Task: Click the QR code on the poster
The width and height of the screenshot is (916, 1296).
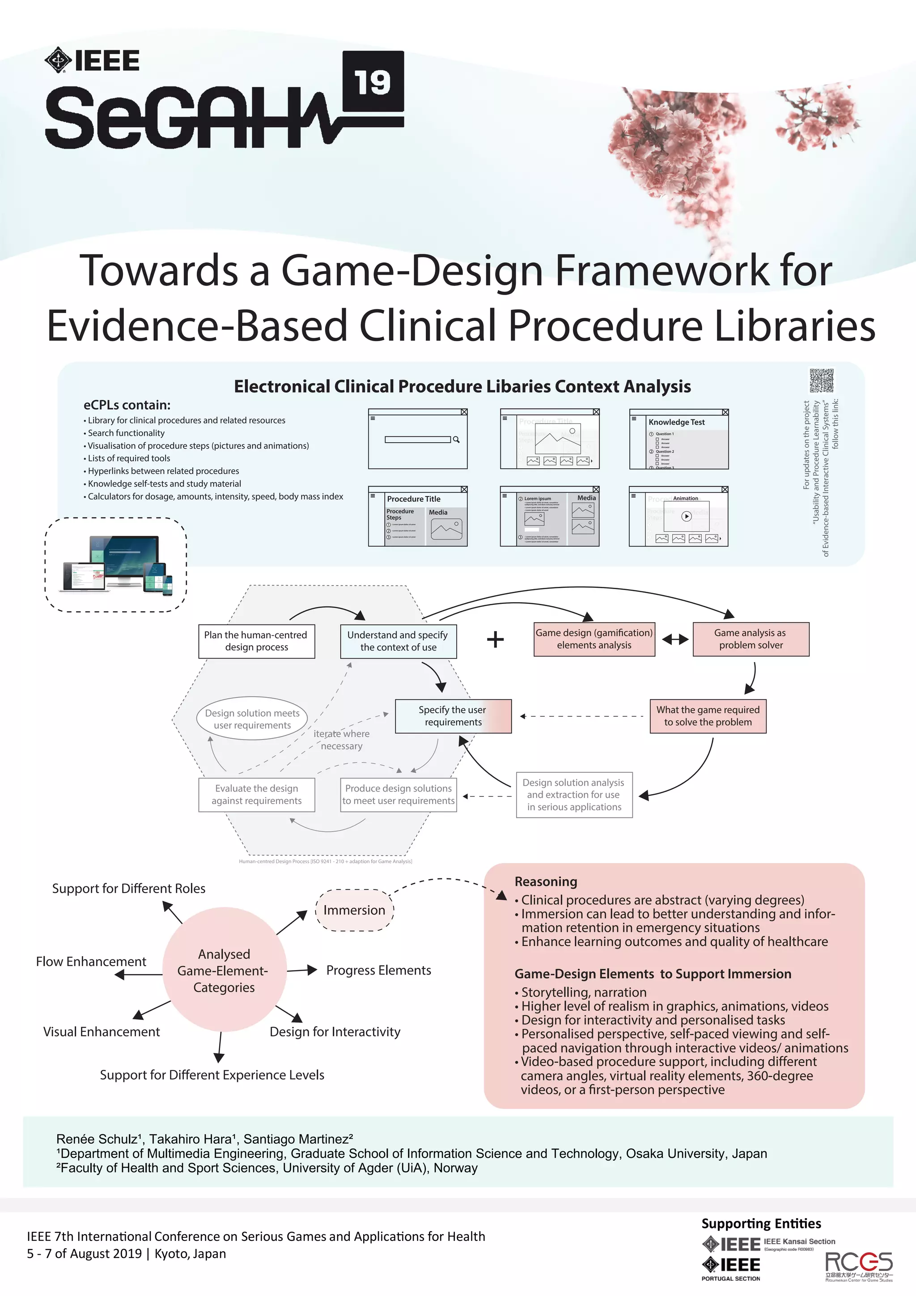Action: (821, 381)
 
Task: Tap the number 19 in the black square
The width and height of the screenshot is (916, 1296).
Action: (373, 82)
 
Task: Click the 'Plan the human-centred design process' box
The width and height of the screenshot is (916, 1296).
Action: (256, 641)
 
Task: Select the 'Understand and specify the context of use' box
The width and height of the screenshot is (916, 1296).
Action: (398, 641)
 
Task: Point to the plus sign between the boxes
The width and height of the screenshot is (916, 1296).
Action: (495, 640)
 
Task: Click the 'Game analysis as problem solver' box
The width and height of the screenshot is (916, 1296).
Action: (751, 639)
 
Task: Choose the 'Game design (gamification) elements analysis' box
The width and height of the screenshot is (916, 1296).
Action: (594, 639)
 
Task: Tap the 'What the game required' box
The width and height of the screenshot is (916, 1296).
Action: (708, 716)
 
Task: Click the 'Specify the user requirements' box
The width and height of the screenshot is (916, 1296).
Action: (453, 716)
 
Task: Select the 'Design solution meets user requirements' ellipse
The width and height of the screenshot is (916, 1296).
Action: (252, 719)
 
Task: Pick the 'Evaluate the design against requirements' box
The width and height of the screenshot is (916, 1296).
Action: (257, 795)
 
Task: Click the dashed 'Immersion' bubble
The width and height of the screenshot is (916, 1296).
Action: (354, 910)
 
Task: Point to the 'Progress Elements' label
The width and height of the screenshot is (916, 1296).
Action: (378, 970)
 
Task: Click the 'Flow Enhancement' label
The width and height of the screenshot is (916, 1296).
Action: (91, 961)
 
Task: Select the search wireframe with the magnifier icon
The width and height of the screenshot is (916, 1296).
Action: (418, 439)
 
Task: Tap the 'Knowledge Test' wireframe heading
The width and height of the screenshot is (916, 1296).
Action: (676, 422)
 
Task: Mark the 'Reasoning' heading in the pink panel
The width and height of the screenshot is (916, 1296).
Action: (545, 882)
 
